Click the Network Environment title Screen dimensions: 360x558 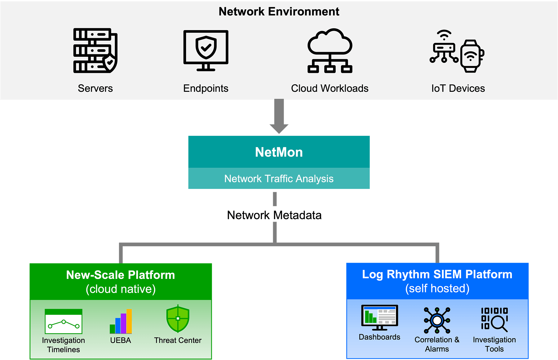pyautogui.click(x=279, y=12)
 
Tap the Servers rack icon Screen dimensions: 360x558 pyautogui.click(x=95, y=51)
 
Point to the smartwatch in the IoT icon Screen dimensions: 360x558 pyautogui.click(x=471, y=56)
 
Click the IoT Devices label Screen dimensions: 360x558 pyautogui.click(x=458, y=88)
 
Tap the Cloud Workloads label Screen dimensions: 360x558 pyautogui.click(x=330, y=88)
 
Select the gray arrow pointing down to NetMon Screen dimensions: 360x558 pyautogui.click(x=279, y=116)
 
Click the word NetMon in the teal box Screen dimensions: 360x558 pyautogui.click(x=279, y=152)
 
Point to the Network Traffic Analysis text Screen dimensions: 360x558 pyautogui.click(x=279, y=179)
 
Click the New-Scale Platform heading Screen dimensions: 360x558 pyautogui.click(x=121, y=275)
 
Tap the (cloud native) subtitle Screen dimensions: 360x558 pyautogui.click(x=121, y=289)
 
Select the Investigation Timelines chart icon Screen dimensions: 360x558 pyautogui.click(x=64, y=321)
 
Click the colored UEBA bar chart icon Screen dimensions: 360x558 pyautogui.click(x=121, y=321)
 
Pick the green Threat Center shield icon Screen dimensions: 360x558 pyautogui.click(x=178, y=318)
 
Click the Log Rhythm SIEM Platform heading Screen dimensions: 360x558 pyautogui.click(x=437, y=274)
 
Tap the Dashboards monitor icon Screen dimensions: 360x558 pyautogui.click(x=379, y=317)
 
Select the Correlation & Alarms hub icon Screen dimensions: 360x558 pyautogui.click(x=437, y=320)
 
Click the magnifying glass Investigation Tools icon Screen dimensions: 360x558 pyautogui.click(x=494, y=319)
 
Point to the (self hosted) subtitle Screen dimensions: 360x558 pyautogui.click(x=437, y=288)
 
